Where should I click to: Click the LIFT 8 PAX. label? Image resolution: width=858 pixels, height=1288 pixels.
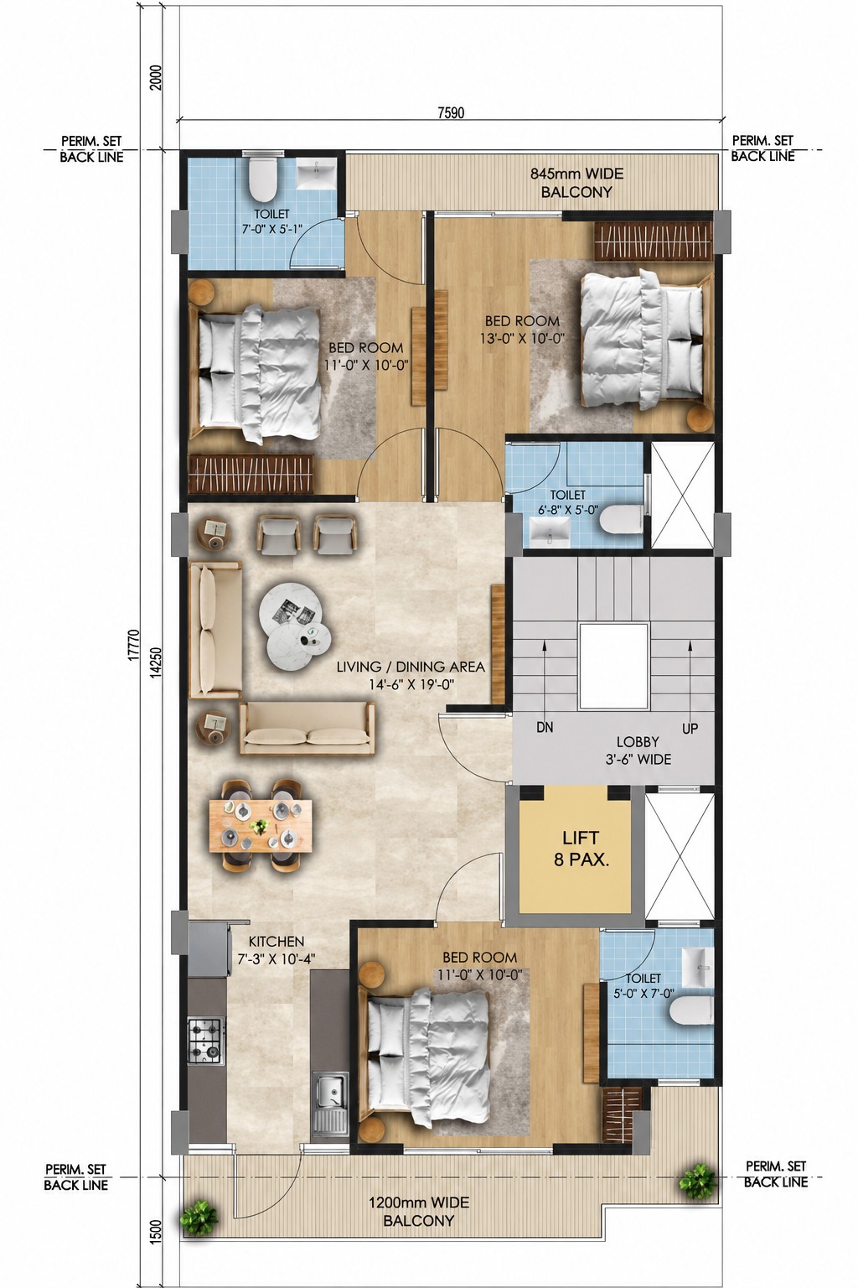coord(581,848)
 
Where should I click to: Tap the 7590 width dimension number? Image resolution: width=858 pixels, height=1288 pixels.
coord(451,112)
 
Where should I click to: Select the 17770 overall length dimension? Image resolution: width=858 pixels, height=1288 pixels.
coord(133,645)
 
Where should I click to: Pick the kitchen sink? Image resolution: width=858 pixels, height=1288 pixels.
coord(330,1104)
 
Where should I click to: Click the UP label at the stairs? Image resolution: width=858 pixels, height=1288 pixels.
coord(690,729)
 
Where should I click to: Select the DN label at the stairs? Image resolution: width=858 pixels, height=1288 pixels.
coord(545,727)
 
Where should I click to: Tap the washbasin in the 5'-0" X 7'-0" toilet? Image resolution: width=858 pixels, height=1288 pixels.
coord(698,969)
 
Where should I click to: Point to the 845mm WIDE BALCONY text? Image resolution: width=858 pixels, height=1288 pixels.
coord(576,182)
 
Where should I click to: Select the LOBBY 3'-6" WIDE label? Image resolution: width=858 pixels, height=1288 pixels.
coord(638,750)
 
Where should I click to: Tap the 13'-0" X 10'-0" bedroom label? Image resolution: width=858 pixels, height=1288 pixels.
coord(522,330)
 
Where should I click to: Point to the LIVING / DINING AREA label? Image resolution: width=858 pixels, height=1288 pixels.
coord(411,667)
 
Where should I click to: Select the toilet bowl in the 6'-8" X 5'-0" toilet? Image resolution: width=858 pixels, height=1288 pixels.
coord(621,518)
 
